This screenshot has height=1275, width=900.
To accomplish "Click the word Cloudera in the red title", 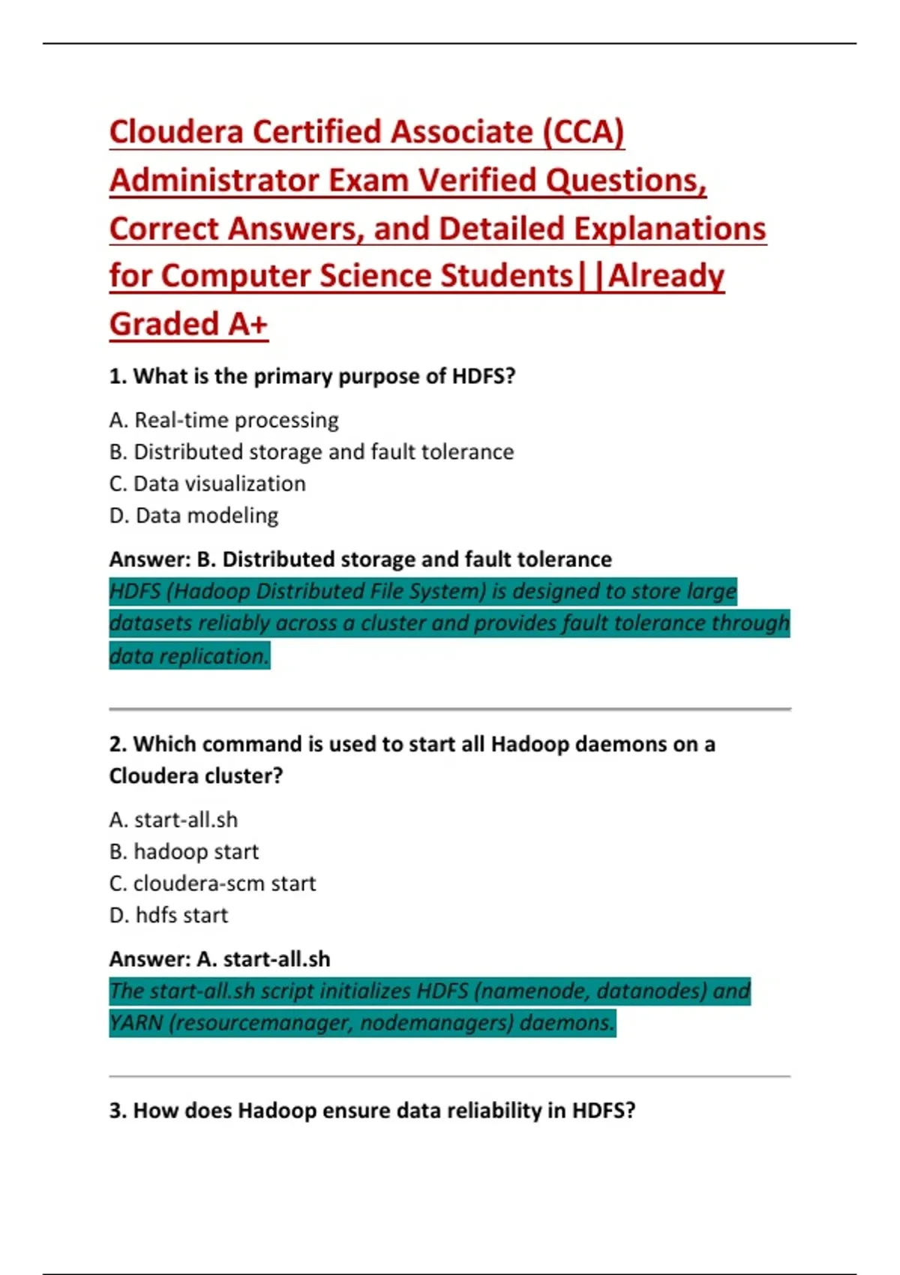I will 176,132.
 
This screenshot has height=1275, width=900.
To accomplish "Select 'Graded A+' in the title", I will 188,324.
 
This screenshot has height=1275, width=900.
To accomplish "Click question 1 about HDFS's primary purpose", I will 312,376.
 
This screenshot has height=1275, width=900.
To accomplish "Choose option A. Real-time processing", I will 223,420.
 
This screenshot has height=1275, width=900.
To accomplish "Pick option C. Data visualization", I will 207,484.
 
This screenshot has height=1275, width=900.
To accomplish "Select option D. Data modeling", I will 193,516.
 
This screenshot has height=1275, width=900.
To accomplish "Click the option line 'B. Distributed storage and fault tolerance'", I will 311,452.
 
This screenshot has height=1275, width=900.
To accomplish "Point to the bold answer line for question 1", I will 360,559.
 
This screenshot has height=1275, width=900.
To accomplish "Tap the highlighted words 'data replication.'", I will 189,656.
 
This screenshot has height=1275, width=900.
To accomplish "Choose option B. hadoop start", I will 184,852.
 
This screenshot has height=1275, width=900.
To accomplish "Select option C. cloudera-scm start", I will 212,883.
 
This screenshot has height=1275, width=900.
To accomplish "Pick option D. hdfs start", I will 168,916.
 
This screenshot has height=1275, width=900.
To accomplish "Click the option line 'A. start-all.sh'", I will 173,820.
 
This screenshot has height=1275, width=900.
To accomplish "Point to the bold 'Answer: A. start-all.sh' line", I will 219,959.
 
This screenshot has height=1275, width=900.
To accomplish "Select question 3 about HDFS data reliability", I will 372,1111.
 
